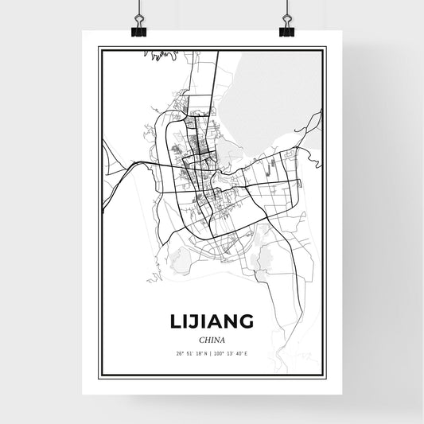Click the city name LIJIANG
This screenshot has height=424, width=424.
coord(212,321)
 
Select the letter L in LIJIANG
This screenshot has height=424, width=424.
coord(174,321)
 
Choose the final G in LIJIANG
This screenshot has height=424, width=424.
coord(247,321)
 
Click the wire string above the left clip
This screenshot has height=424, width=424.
coord(138,10)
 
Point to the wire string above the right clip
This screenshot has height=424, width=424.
coord(286,10)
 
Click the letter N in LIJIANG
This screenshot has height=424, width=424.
coord(229,321)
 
